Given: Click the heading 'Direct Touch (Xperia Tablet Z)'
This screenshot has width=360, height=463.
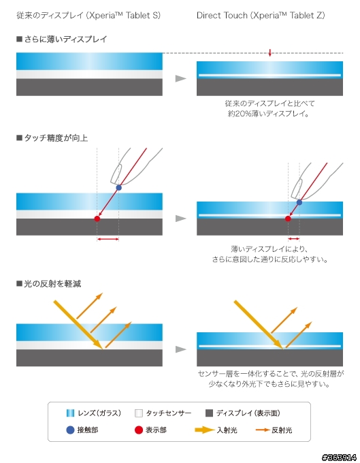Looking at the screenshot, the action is point(261,16).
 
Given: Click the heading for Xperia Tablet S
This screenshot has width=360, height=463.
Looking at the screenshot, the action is point(88,16).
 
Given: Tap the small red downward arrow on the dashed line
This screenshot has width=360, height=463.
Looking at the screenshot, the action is point(269,53).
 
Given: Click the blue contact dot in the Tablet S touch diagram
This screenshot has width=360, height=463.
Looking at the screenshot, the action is point(118,187).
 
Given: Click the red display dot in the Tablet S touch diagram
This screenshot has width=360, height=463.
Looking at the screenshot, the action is point(97,219).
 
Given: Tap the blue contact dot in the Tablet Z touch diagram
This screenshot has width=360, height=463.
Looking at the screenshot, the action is point(299,202).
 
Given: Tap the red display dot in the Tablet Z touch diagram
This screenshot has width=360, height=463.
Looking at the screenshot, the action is point(288,219).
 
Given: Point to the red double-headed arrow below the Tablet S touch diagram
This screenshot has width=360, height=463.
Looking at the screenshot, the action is point(108,239).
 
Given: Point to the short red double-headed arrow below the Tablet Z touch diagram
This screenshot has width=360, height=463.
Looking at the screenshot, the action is point(293,238).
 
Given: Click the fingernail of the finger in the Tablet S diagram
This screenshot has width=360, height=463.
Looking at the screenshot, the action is point(116,174).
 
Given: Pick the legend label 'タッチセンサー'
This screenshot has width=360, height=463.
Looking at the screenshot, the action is point(169,413).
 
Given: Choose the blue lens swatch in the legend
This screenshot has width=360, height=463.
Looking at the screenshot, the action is point(70,413).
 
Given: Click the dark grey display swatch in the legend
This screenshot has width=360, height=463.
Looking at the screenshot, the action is point(209,413).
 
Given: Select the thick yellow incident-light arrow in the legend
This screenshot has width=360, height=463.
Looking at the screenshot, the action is point(204,430).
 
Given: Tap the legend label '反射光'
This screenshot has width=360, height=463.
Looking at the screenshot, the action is point(282,430).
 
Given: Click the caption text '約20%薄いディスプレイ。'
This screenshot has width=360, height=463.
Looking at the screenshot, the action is point(268,114).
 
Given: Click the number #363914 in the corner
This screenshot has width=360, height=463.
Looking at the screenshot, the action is point(339,458).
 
